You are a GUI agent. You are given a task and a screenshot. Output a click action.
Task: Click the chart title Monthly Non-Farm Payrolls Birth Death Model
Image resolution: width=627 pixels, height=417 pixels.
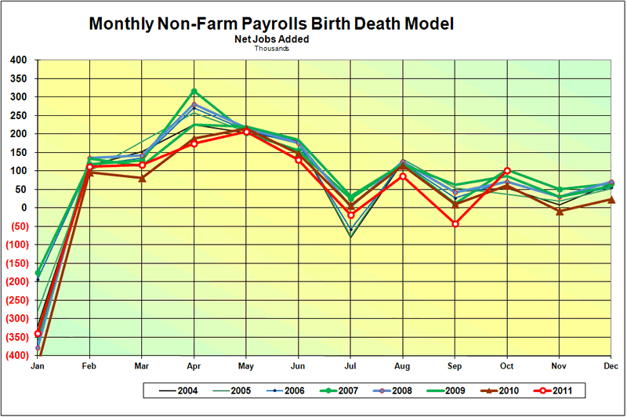pyautogui.click(x=270, y=24)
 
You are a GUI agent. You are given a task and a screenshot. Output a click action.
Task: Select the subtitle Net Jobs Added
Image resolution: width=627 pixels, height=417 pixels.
pyautogui.click(x=271, y=38)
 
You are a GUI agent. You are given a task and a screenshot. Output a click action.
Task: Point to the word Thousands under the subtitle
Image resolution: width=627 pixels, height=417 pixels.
pyautogui.click(x=271, y=48)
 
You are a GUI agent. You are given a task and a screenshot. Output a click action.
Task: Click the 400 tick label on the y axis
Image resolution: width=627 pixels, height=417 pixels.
pyautogui.click(x=18, y=60)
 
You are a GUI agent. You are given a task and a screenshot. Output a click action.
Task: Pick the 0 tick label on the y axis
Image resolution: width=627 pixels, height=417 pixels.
pyautogui.click(x=24, y=208)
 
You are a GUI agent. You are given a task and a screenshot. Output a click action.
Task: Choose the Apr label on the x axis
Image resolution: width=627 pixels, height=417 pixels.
pyautogui.click(x=194, y=366)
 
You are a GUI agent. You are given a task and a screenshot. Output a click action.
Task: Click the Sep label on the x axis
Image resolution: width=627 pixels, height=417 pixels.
pyautogui.click(x=455, y=366)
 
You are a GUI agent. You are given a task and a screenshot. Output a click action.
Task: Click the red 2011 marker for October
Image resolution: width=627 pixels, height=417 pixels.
pyautogui.click(x=507, y=171)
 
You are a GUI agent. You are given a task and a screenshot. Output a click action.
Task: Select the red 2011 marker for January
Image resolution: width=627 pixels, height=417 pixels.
pyautogui.click(x=38, y=334)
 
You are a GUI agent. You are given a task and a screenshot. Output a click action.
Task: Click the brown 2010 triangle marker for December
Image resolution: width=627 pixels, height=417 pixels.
pyautogui.click(x=611, y=199)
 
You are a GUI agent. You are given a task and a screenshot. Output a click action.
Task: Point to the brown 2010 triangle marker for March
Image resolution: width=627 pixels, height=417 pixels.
pyautogui.click(x=142, y=178)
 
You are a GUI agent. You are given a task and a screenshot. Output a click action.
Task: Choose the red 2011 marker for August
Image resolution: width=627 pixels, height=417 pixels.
pyautogui.click(x=403, y=176)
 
